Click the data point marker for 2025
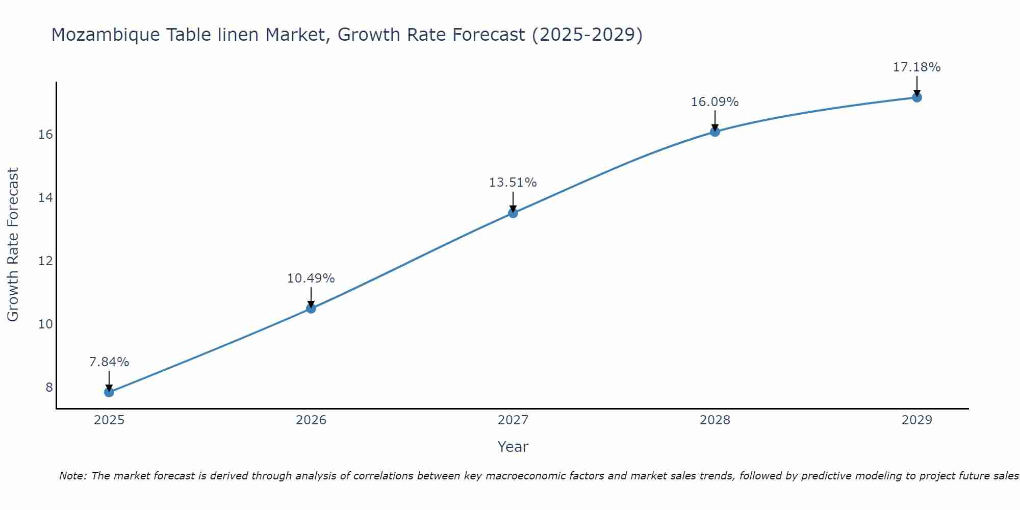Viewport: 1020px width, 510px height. (x=109, y=392)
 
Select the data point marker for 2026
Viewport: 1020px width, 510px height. (x=311, y=308)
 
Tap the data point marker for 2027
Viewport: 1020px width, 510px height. (x=513, y=213)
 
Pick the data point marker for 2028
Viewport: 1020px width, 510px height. (x=715, y=132)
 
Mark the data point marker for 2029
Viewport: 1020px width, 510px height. (x=917, y=97)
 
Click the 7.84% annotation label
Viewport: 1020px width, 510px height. (x=109, y=362)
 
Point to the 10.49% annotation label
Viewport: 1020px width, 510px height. (x=311, y=278)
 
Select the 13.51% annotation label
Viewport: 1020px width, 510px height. (x=513, y=183)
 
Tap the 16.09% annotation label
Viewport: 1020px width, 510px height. (x=715, y=102)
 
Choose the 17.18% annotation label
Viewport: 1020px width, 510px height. (x=917, y=67)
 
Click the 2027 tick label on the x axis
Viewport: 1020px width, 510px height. (x=513, y=420)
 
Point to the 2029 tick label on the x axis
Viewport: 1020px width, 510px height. (x=917, y=420)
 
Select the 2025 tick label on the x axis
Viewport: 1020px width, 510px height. (x=109, y=420)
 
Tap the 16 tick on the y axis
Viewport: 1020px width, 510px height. (x=46, y=135)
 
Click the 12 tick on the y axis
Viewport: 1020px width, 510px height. (x=46, y=261)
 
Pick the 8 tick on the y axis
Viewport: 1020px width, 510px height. (x=49, y=388)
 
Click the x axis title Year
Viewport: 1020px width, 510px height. (x=513, y=447)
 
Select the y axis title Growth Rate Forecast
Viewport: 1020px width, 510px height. (x=13, y=245)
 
